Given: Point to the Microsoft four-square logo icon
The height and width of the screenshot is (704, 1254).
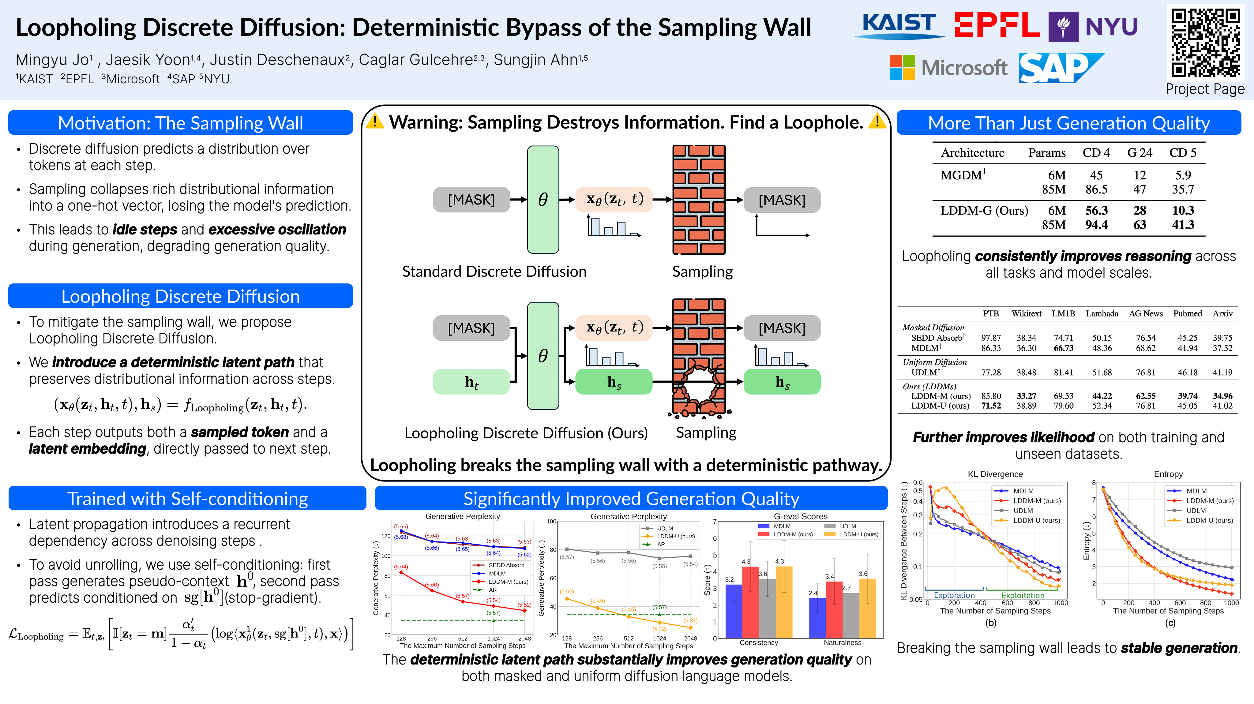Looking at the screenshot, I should coord(902,68).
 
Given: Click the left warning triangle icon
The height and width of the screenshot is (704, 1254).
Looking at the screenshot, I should coord(375,121).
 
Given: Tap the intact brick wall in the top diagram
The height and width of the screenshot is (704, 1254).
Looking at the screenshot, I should coord(699,200).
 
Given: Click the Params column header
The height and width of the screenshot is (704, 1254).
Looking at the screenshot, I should coord(1047,153).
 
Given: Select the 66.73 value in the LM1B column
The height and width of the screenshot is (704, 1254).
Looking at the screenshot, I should coord(1063,348).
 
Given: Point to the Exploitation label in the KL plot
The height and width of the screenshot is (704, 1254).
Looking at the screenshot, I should coord(1023,595).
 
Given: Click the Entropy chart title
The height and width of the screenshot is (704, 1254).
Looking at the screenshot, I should coord(1168,474).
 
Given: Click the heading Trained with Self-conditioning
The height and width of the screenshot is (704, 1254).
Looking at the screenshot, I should coord(187,499).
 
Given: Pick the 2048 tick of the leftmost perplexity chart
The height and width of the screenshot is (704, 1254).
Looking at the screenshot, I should coord(524,638).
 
